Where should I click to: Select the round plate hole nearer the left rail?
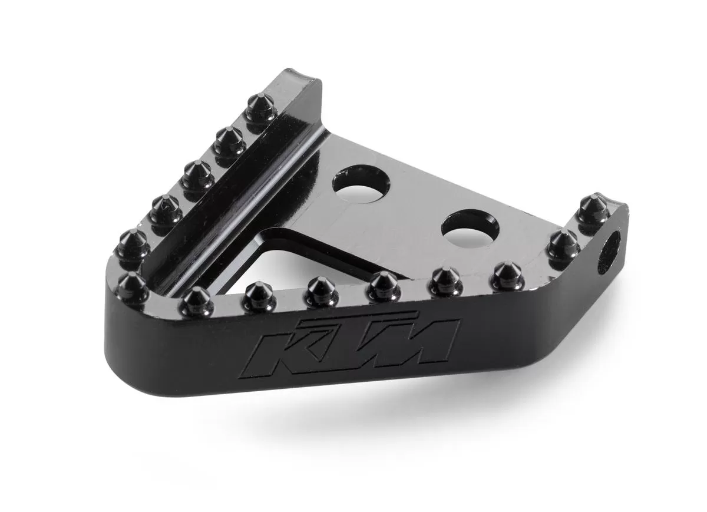tap(361, 184)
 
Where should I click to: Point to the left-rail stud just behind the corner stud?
tap(133, 243)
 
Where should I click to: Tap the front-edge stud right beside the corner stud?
tap(196, 300)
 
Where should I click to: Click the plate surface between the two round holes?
tap(415, 203)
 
